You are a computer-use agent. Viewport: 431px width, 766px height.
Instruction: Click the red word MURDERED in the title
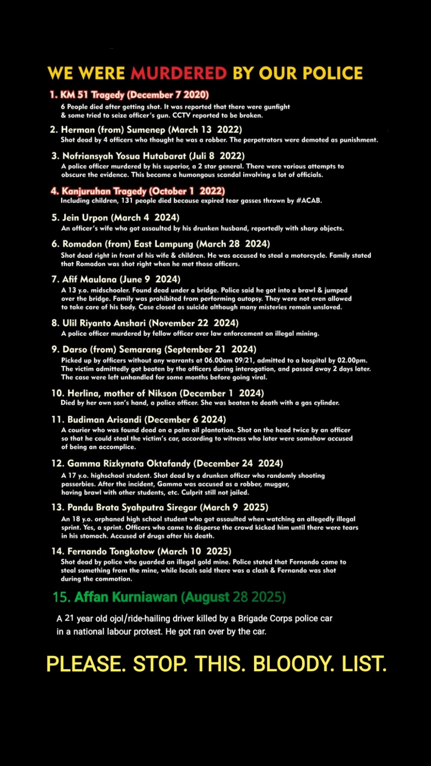pos(179,73)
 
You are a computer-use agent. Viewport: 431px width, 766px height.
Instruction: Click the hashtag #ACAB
pos(309,200)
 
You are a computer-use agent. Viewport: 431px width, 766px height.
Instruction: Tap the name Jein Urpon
pos(85,218)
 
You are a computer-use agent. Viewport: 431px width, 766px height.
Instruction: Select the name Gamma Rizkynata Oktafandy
pos(129,463)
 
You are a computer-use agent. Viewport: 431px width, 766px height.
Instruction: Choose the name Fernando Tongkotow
pos(111,552)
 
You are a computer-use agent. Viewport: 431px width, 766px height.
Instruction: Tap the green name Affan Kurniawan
pos(126,597)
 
